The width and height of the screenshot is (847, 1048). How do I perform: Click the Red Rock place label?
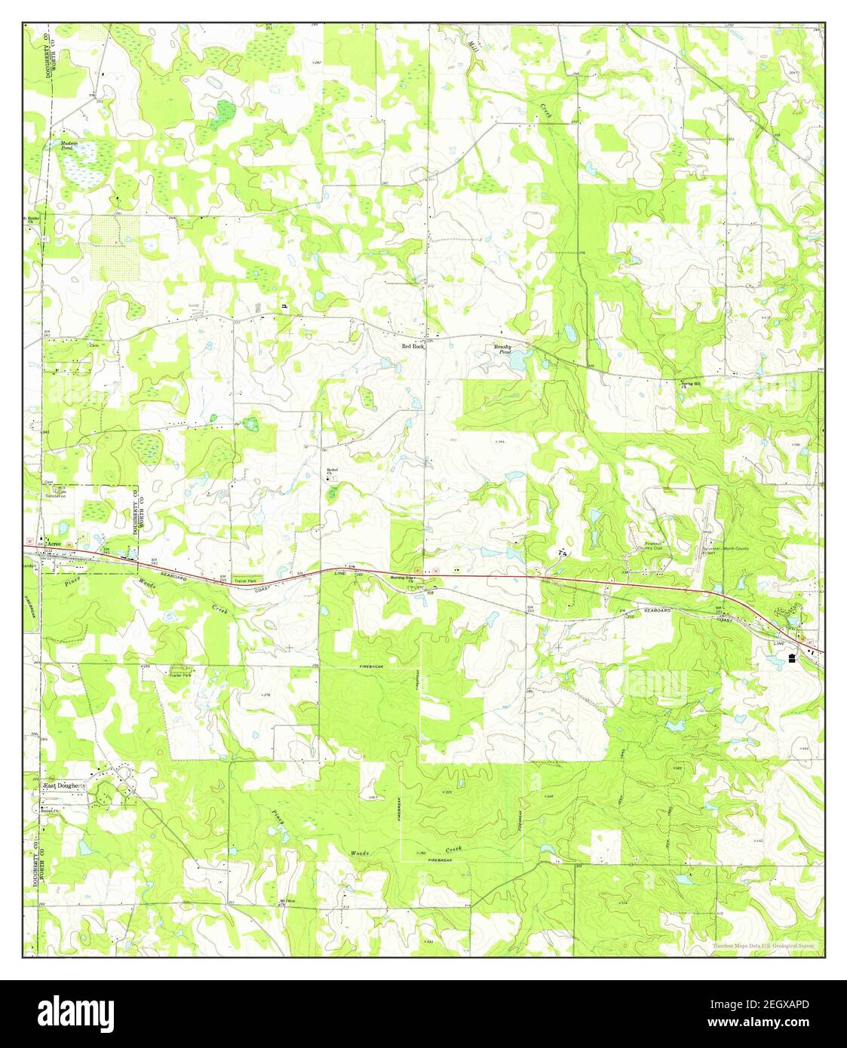pyautogui.click(x=413, y=346)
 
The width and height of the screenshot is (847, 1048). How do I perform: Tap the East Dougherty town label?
pyautogui.click(x=65, y=786)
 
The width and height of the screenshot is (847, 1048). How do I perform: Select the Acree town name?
pyautogui.click(x=53, y=544)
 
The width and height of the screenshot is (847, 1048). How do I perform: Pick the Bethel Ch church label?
pyautogui.click(x=331, y=472)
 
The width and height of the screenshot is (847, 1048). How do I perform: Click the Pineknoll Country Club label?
pyautogui.click(x=648, y=549)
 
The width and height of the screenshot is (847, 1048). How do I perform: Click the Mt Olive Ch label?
pyautogui.click(x=286, y=902)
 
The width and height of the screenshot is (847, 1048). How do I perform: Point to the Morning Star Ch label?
pyautogui.click(x=402, y=579)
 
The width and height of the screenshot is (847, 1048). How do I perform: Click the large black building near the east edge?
pyautogui.click(x=792, y=658)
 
